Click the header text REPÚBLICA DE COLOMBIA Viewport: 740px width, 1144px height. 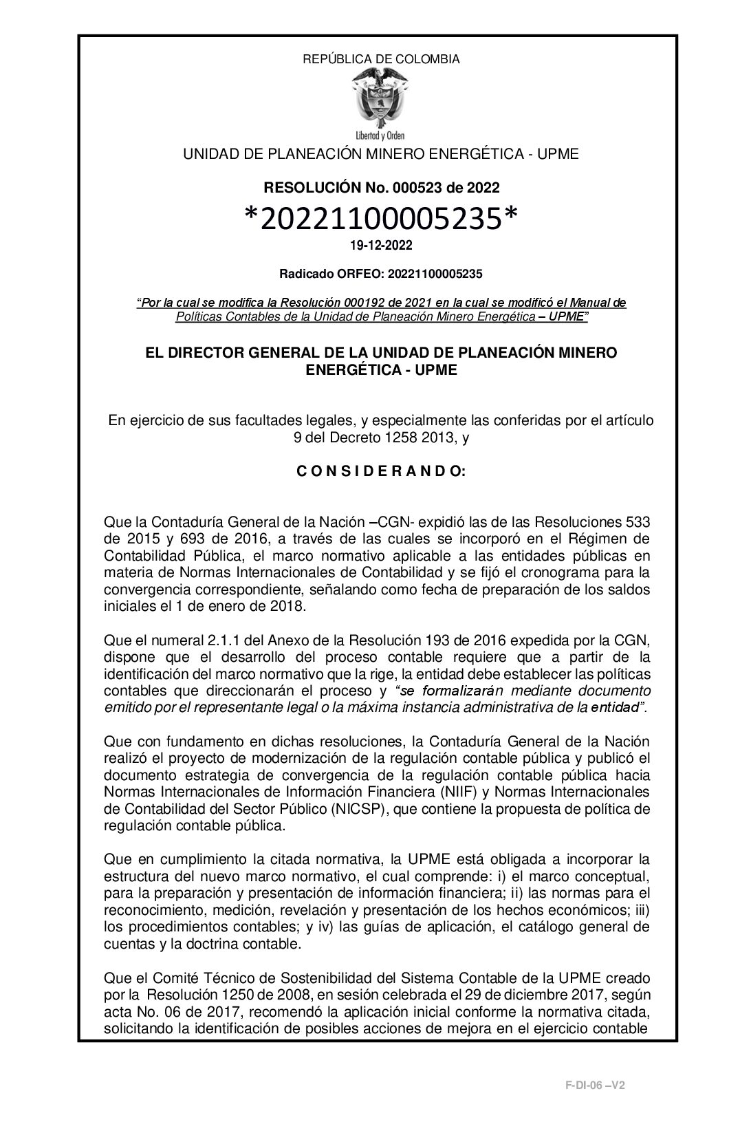tap(381, 59)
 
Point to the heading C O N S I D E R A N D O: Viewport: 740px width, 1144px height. tap(381, 472)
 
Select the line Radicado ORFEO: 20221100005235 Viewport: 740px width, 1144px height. tap(381, 274)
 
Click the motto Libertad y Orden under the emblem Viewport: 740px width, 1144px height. tap(380, 135)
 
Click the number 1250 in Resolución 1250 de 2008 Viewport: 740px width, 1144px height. tap(245, 994)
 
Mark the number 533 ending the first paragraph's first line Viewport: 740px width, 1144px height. tap(635, 523)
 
